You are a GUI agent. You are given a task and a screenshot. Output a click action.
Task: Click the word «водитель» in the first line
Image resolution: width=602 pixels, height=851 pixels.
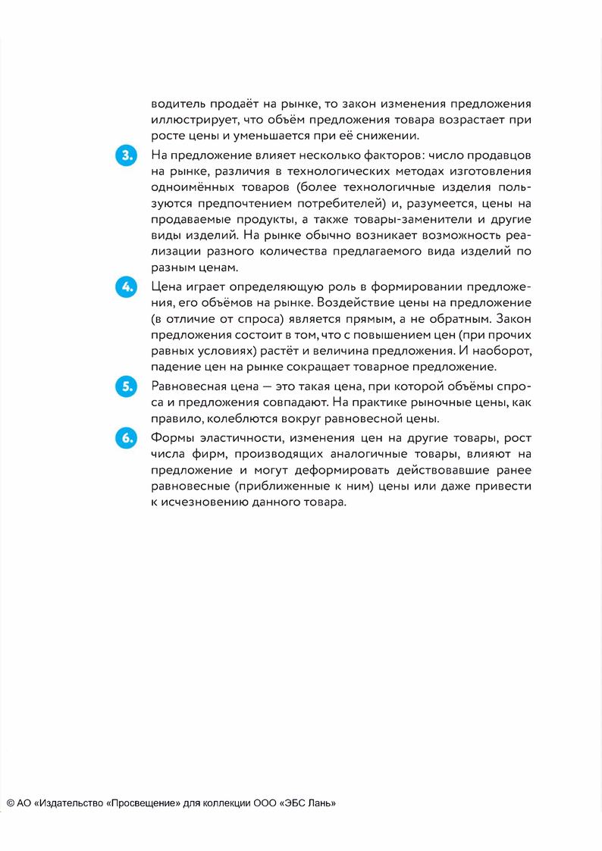click(177, 103)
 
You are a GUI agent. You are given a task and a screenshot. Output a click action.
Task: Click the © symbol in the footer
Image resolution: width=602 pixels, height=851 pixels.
click(11, 803)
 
